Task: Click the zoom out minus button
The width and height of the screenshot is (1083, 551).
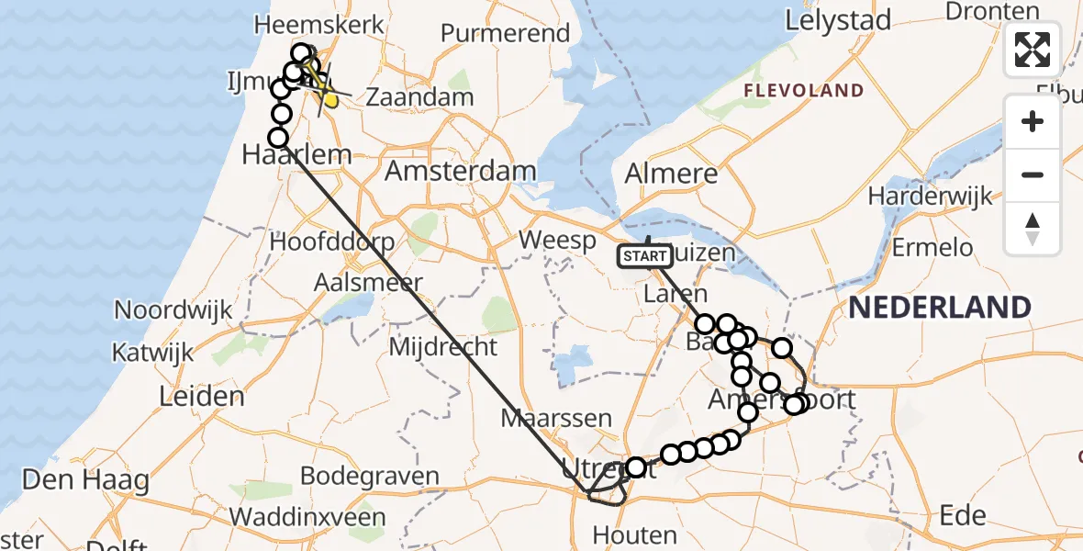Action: pos(1033,174)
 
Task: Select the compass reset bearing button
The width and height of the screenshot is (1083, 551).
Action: pos(1033,229)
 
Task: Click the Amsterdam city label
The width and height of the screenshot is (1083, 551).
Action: pos(460,171)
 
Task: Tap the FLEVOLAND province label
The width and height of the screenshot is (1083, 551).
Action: pos(804,90)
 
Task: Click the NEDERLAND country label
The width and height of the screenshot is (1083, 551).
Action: pos(939,307)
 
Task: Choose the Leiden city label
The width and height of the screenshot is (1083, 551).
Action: pos(202,396)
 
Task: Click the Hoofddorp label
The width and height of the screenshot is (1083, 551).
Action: pos(332,242)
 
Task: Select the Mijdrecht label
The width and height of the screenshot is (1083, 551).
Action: pos(443,347)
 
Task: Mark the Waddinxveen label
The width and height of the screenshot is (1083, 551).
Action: pos(307,516)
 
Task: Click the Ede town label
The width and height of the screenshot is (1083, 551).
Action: pos(962,514)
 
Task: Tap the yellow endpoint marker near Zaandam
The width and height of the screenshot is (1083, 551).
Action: pos(329,99)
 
